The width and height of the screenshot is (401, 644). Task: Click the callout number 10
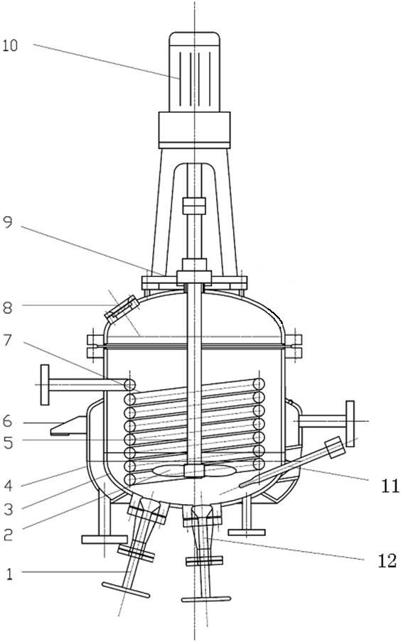(x=10, y=45)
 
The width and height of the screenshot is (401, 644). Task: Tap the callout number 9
(x=8, y=222)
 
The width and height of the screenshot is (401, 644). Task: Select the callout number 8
(x=7, y=307)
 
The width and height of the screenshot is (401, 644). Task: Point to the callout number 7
(x=8, y=340)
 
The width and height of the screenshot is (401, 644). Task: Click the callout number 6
(x=8, y=421)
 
